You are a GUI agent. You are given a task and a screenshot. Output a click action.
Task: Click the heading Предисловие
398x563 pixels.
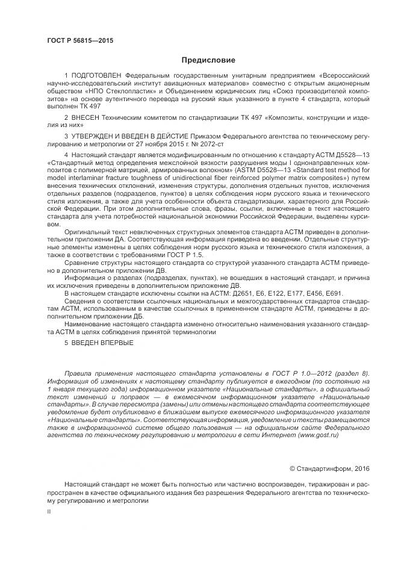click(x=208, y=60)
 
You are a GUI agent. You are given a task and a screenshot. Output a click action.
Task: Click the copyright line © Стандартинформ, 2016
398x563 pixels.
click(x=329, y=467)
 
